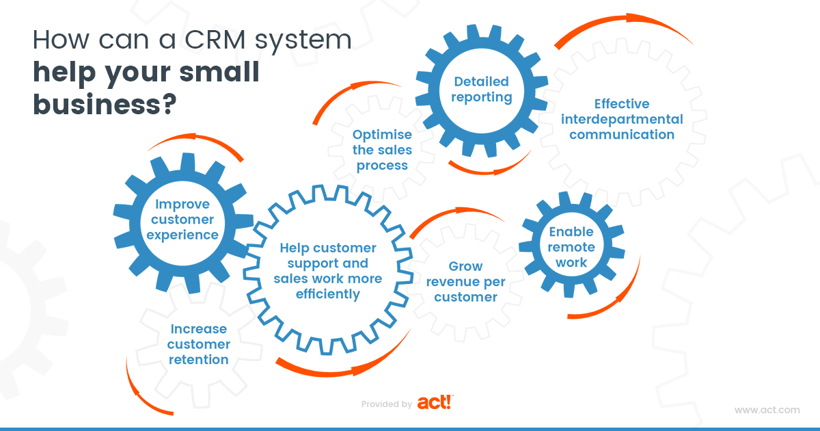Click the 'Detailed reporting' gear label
pos(482,90)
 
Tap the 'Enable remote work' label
pos(571,247)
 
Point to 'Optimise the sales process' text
pos(382,150)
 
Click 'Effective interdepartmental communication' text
pos(621,119)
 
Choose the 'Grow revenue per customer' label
pos(465,281)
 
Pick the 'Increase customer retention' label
pos(198,344)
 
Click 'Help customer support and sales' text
pos(328,271)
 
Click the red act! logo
pos(435,402)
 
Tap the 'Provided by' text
pos(386,404)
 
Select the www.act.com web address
pos(767,410)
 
